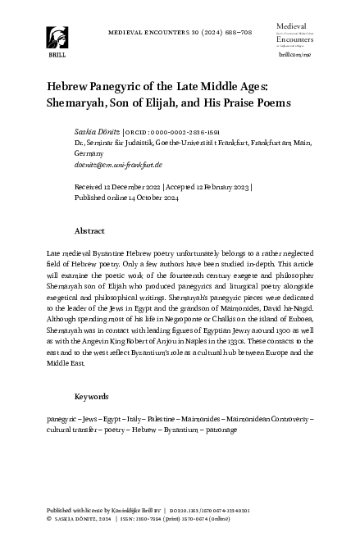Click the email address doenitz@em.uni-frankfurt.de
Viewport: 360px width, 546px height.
[118, 164]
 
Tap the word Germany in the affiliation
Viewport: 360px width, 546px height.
[90, 153]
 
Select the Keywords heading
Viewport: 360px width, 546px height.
[92, 397]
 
